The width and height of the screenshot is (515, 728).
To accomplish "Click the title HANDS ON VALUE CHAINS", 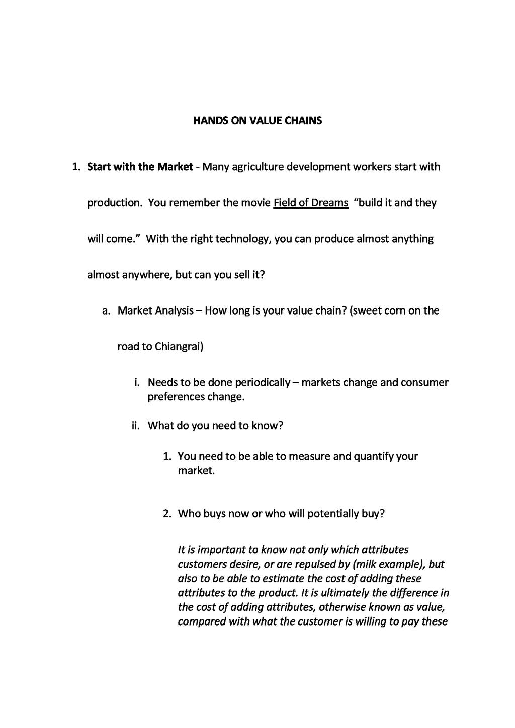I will pos(257,121).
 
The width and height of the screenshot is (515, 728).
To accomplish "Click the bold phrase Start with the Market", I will pos(140,167).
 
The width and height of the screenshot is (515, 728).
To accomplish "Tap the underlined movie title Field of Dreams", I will pos(311,203).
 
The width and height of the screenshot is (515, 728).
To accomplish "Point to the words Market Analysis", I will pos(155,310).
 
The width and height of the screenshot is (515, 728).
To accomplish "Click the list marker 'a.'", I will pos(106,310).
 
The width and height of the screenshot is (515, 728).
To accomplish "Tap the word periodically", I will pos(262,382).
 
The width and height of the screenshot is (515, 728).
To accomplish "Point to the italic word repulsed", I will pos(325,564).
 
